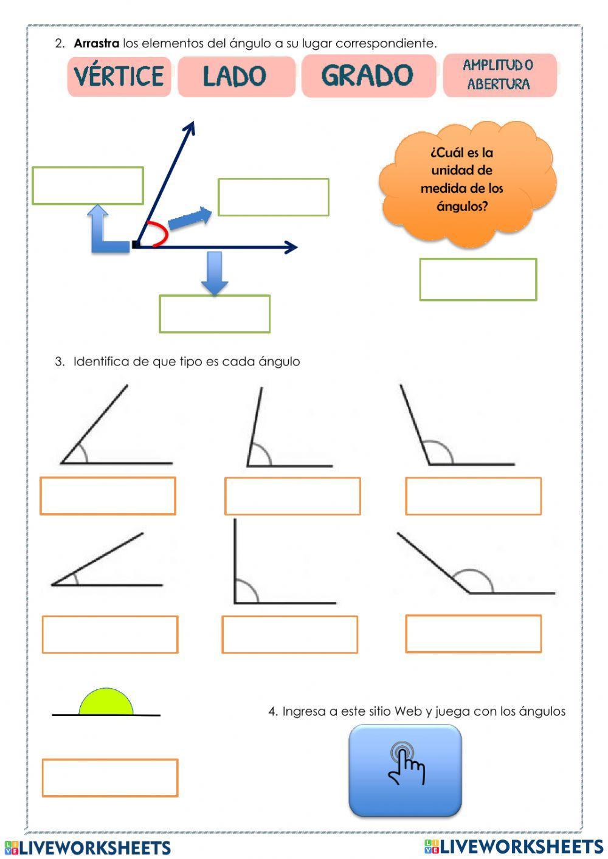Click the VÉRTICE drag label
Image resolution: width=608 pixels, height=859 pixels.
119,76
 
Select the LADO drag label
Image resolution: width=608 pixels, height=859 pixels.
236,76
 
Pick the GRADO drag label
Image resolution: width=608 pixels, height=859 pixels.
368,75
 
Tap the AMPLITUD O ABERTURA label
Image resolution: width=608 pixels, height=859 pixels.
499,75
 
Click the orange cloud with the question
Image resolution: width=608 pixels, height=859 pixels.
467,181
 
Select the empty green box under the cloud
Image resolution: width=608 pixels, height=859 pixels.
478,280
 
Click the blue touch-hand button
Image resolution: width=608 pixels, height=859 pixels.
405,770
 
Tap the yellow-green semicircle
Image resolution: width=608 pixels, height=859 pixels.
106,703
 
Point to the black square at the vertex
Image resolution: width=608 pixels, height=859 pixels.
136,245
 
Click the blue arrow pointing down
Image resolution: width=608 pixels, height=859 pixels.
214,272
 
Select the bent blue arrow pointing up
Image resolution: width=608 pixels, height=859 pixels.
103,233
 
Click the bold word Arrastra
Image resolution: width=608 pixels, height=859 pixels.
96,43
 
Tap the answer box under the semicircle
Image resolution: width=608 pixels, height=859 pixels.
110,778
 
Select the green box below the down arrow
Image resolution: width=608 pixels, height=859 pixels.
215,314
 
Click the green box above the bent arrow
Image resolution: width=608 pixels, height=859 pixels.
88,185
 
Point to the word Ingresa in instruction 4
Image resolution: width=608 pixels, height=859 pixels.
304,711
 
